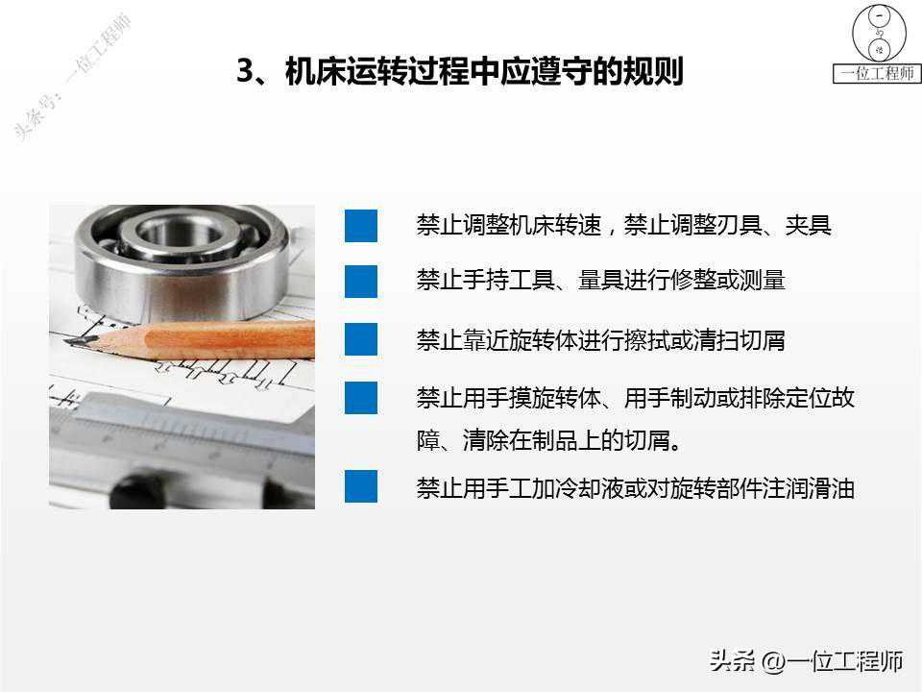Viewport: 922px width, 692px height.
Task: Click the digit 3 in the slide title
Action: [246, 70]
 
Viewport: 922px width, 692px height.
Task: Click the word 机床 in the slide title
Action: [315, 71]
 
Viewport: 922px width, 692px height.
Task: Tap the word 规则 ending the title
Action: [653, 71]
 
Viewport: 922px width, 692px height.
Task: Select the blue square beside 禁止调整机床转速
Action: [361, 226]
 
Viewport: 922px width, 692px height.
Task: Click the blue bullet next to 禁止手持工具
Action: [361, 282]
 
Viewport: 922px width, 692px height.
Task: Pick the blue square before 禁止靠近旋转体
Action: [361, 339]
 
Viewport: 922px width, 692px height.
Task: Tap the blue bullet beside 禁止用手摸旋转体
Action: [361, 398]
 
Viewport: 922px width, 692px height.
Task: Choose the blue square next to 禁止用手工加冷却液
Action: [361, 486]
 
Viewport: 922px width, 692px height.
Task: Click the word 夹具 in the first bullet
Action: [808, 225]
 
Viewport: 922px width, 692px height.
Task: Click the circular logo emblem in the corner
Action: [879, 34]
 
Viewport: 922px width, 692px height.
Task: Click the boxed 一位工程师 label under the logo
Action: [877, 74]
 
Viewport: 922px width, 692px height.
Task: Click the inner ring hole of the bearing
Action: [180, 233]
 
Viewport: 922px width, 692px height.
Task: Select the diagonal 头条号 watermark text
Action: [71, 77]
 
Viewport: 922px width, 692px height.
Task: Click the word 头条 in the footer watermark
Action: [732, 661]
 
